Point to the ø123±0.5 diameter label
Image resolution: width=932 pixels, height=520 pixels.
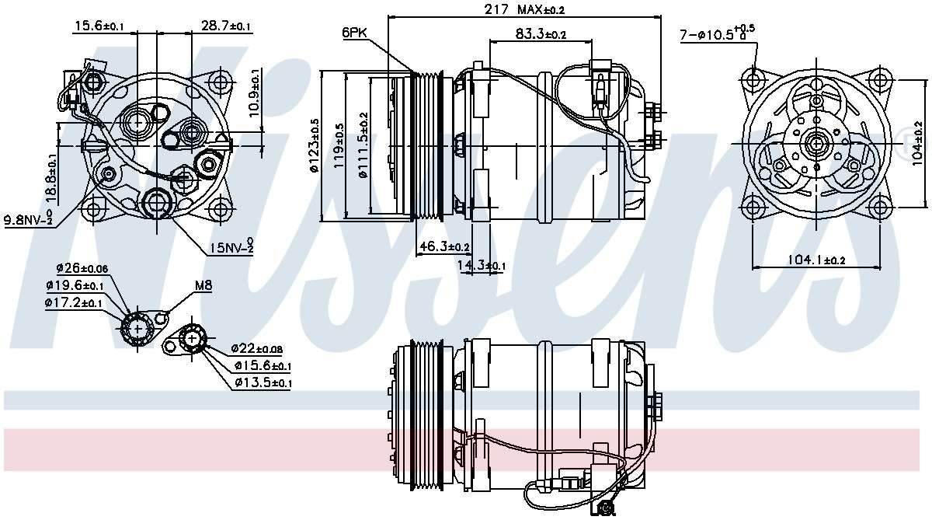click(x=314, y=147)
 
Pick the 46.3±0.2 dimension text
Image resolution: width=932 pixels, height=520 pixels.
click(x=444, y=247)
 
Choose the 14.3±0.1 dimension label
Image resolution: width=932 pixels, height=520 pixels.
click(x=481, y=266)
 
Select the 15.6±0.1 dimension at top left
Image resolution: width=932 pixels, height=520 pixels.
click(x=99, y=26)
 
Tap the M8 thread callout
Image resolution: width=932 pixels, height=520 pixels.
click(x=203, y=285)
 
